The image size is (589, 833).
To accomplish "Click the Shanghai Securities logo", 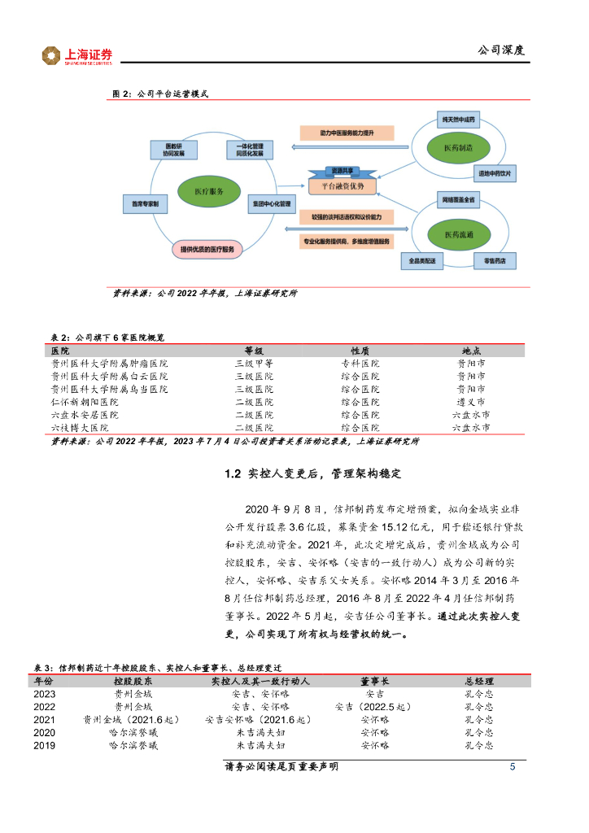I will coord(78,55).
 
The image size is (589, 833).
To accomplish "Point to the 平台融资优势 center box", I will coord(342,186).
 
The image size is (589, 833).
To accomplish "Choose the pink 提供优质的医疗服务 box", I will coord(207,249).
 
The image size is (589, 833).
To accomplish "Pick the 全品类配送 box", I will coord(423,261).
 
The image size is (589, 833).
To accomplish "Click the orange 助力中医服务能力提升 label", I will coord(347,133).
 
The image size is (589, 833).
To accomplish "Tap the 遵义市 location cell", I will coord(471,402).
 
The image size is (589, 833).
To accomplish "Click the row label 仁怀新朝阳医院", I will coord(85,402).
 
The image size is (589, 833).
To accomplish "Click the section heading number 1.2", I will coord(233,474).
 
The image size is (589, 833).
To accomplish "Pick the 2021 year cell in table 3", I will coord(45,720).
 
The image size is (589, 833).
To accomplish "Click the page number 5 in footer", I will coord(512,767).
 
